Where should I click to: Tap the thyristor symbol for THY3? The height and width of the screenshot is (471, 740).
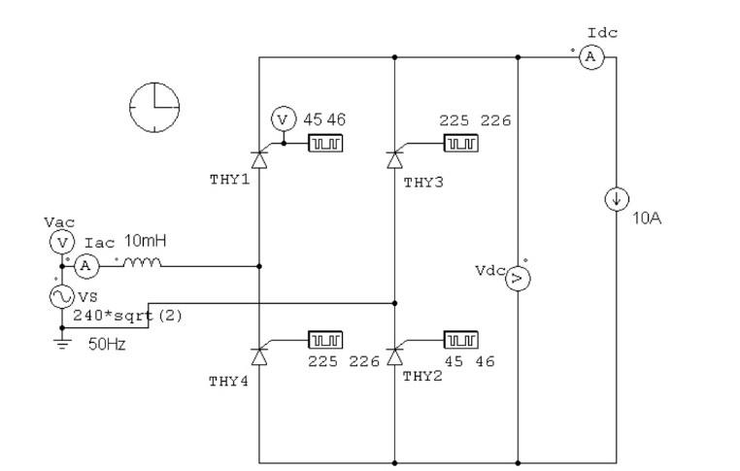[x=394, y=154]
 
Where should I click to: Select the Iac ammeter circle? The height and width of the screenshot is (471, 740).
[x=84, y=264]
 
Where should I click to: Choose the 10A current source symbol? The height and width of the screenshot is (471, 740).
[x=615, y=200]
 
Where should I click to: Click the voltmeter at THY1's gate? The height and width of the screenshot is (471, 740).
[x=283, y=118]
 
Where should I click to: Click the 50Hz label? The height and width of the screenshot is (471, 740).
[x=106, y=343]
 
